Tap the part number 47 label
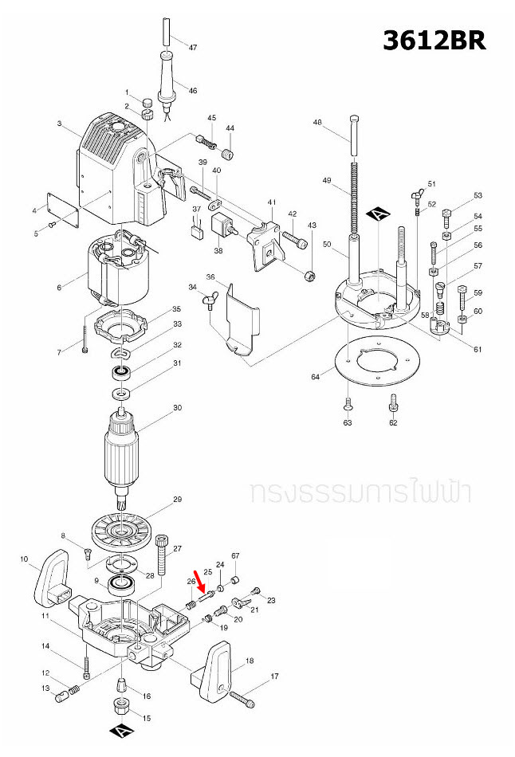click(x=192, y=48)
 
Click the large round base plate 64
click(x=379, y=363)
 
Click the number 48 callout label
click(x=317, y=123)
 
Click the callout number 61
click(x=478, y=350)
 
